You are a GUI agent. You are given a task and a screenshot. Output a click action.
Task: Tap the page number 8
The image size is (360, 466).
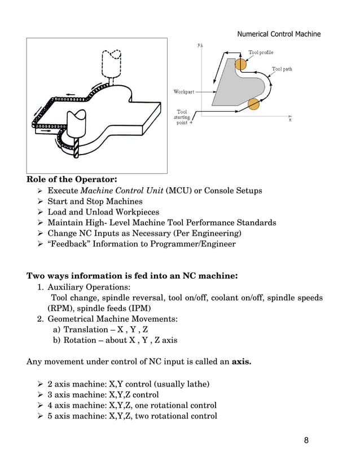tap(306, 440)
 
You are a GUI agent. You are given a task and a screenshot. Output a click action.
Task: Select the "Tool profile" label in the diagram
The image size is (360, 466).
tap(261, 52)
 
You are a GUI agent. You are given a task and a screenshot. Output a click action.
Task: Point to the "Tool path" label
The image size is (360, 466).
tap(282, 69)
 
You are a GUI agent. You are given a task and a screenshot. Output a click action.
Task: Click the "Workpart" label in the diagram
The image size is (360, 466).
tap(184, 91)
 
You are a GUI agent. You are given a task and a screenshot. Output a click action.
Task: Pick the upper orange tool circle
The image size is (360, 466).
tap(241, 65)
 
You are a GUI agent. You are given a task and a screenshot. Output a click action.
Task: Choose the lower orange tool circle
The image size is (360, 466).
tap(253, 104)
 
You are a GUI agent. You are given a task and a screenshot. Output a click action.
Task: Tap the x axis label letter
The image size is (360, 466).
tap(290, 120)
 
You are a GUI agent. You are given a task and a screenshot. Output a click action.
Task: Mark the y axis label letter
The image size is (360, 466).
tap(199, 44)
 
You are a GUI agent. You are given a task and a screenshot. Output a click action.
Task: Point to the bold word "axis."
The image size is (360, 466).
tap(242, 361)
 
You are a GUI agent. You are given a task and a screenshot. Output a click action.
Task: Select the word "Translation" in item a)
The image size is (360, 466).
tap(85, 329)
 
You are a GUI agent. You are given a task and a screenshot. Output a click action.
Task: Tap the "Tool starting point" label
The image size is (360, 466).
tap(183, 117)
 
